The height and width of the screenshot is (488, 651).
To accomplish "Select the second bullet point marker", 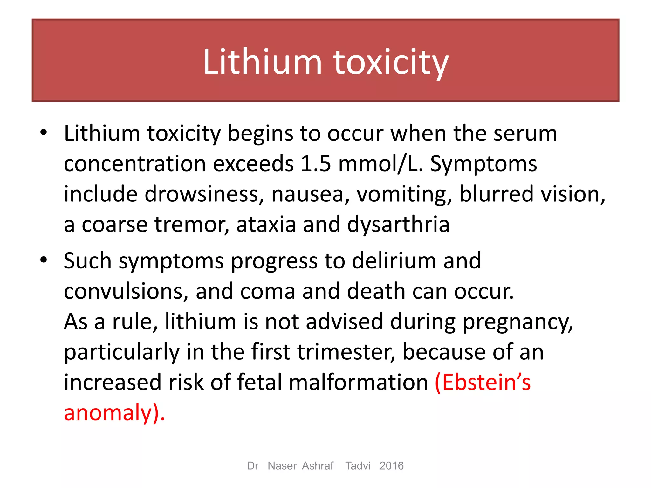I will coord(44,260).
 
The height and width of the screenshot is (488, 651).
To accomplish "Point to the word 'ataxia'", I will coord(266,225).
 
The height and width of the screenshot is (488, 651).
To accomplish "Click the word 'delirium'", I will coord(394,261).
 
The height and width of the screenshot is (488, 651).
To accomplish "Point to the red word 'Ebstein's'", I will coord(483,383).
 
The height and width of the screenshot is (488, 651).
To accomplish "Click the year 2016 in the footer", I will coord(391,466).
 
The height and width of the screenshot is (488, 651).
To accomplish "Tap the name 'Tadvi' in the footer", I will coord(358,466).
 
